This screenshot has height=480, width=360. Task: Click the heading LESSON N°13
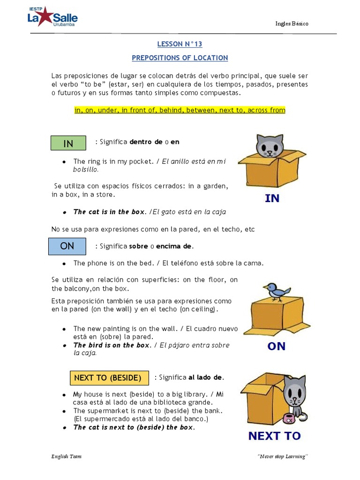180,44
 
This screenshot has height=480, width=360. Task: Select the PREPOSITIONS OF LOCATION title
180,58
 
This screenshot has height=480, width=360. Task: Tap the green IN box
68,143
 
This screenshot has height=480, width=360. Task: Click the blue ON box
67,246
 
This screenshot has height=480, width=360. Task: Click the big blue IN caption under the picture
272,198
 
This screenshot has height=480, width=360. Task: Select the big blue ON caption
276,346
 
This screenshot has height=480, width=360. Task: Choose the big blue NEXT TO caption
274,436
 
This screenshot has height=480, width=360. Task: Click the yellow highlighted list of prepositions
180,110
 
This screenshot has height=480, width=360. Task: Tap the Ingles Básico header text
292,24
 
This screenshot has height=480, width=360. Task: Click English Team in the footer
67,457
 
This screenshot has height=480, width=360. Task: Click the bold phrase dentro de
149,142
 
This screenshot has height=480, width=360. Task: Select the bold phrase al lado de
206,377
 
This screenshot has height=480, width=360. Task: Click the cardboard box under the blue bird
273,317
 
